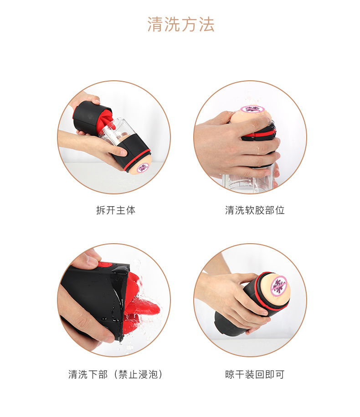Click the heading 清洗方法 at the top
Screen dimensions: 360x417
point(180,25)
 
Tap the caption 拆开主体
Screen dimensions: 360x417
point(116,210)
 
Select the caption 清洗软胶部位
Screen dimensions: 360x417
point(255,210)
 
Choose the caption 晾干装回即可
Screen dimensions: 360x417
point(255,375)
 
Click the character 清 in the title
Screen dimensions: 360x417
point(155,25)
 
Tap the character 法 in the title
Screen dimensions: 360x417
point(206,25)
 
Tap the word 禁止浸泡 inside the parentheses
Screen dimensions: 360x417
point(138,375)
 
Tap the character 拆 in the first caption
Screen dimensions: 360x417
point(101,210)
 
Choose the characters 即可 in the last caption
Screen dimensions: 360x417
point(275,375)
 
